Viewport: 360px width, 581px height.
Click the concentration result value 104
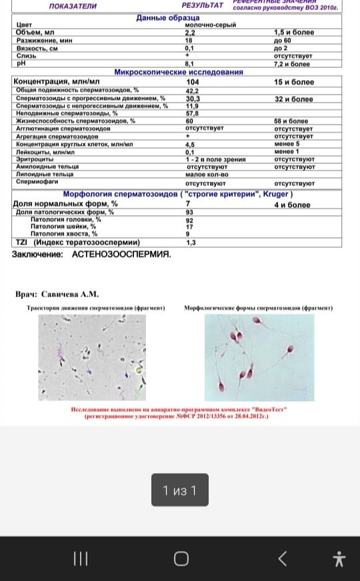click(192, 82)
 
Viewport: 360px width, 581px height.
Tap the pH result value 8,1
click(189, 64)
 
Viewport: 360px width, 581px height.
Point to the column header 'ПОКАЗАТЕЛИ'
click(73, 6)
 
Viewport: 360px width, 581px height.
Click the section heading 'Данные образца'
click(167, 17)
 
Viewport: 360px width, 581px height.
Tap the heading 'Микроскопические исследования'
click(178, 72)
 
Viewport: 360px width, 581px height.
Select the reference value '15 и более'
click(293, 82)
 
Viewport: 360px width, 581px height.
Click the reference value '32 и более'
click(293, 99)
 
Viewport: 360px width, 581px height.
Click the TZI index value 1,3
click(191, 243)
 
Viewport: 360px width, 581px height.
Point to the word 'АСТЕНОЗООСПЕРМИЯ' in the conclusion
click(121, 255)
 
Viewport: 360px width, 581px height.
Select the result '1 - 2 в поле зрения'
click(215, 160)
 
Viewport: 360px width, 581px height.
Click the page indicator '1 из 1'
click(180, 491)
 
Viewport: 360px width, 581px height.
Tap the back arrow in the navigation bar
click(282, 558)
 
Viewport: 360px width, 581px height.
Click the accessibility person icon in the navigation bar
click(339, 558)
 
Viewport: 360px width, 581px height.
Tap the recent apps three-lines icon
click(80, 558)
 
